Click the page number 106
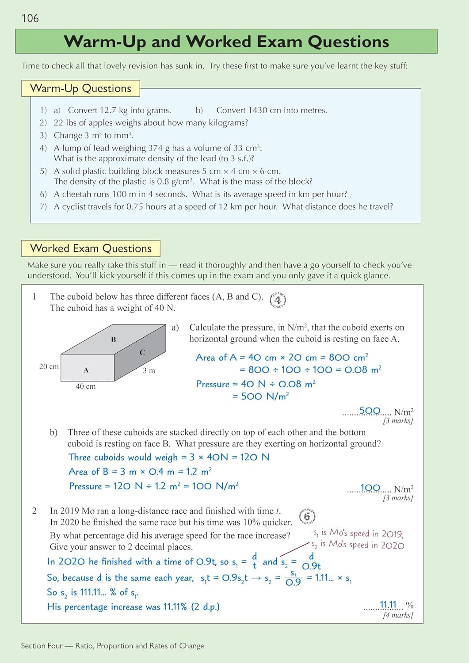30,18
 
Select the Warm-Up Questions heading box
80,88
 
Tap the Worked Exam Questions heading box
91,248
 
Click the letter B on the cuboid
114,339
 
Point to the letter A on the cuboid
86,370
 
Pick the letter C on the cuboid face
142,352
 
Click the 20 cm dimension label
49,366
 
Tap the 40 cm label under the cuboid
86,386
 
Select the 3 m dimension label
149,370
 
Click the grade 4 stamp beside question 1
278,300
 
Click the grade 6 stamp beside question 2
307,516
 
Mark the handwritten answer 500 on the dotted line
370,411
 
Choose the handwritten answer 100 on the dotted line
370,488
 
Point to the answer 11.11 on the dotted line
388,604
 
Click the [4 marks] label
398,615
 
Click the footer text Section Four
42,646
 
